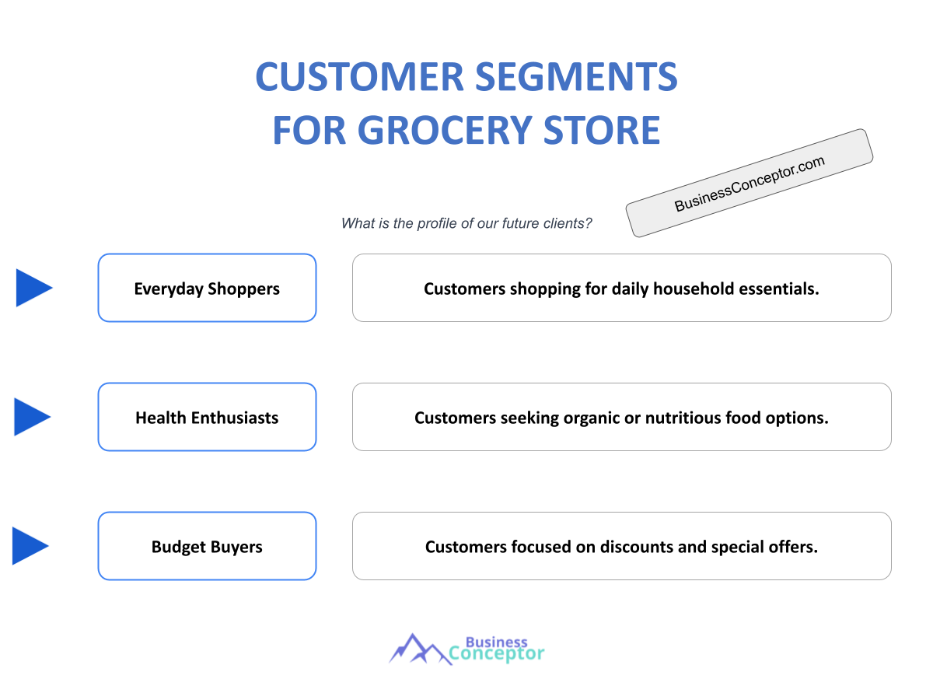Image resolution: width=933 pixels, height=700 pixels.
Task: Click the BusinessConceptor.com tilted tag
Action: [x=750, y=183]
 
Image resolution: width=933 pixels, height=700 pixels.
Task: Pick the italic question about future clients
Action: [x=466, y=223]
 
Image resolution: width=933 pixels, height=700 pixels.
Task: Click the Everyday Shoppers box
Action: [x=207, y=289]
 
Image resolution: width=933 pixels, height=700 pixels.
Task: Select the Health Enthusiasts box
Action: [x=207, y=418]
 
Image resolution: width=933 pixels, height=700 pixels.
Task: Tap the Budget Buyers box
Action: [x=207, y=547]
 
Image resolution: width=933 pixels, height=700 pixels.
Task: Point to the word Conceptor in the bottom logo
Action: [x=497, y=654]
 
